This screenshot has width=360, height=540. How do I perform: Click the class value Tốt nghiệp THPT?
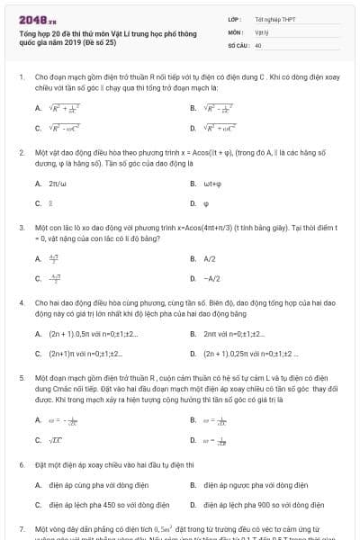click(x=270, y=18)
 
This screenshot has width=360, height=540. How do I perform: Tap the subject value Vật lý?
click(x=261, y=31)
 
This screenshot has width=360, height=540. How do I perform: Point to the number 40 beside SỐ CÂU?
click(x=258, y=43)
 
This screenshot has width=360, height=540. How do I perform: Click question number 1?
click(x=21, y=78)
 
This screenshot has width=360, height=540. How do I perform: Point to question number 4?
click(x=21, y=303)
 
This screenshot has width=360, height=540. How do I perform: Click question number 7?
click(x=21, y=528)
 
